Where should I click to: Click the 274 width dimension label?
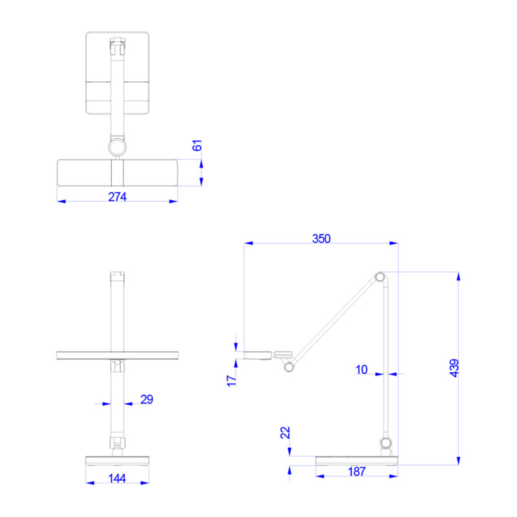click(117, 196)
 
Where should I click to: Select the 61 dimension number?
click(198, 146)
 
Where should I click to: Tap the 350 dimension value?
click(321, 238)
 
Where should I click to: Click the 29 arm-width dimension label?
click(147, 399)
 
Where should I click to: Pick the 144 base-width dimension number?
click(118, 478)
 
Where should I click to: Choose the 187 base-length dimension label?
click(356, 472)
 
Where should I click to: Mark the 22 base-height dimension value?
click(285, 433)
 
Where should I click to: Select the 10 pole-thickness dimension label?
click(361, 370)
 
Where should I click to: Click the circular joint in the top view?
click(118, 147)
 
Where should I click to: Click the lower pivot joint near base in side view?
click(386, 443)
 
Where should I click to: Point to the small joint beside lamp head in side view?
click(288, 367)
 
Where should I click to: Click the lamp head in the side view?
click(258, 354)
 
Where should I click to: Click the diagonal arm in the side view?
click(335, 317)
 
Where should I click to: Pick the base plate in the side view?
click(357, 460)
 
